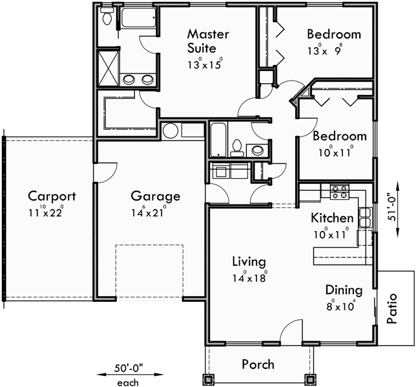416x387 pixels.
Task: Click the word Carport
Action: [51, 196]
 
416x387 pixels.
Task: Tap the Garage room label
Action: [155, 196]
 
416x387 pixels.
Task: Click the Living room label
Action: [249, 261]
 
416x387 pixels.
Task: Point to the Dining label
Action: [343, 290]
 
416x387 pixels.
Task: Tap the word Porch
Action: [258, 364]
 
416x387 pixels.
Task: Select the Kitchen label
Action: [332, 218]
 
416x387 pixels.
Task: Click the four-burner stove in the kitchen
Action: [339, 191]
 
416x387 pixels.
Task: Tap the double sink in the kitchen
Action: [365, 217]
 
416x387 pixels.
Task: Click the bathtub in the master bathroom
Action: [138, 18]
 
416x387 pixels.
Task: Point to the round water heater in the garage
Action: [171, 131]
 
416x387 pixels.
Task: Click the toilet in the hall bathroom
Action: [236, 148]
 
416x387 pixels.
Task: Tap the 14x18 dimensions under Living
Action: [249, 278]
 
